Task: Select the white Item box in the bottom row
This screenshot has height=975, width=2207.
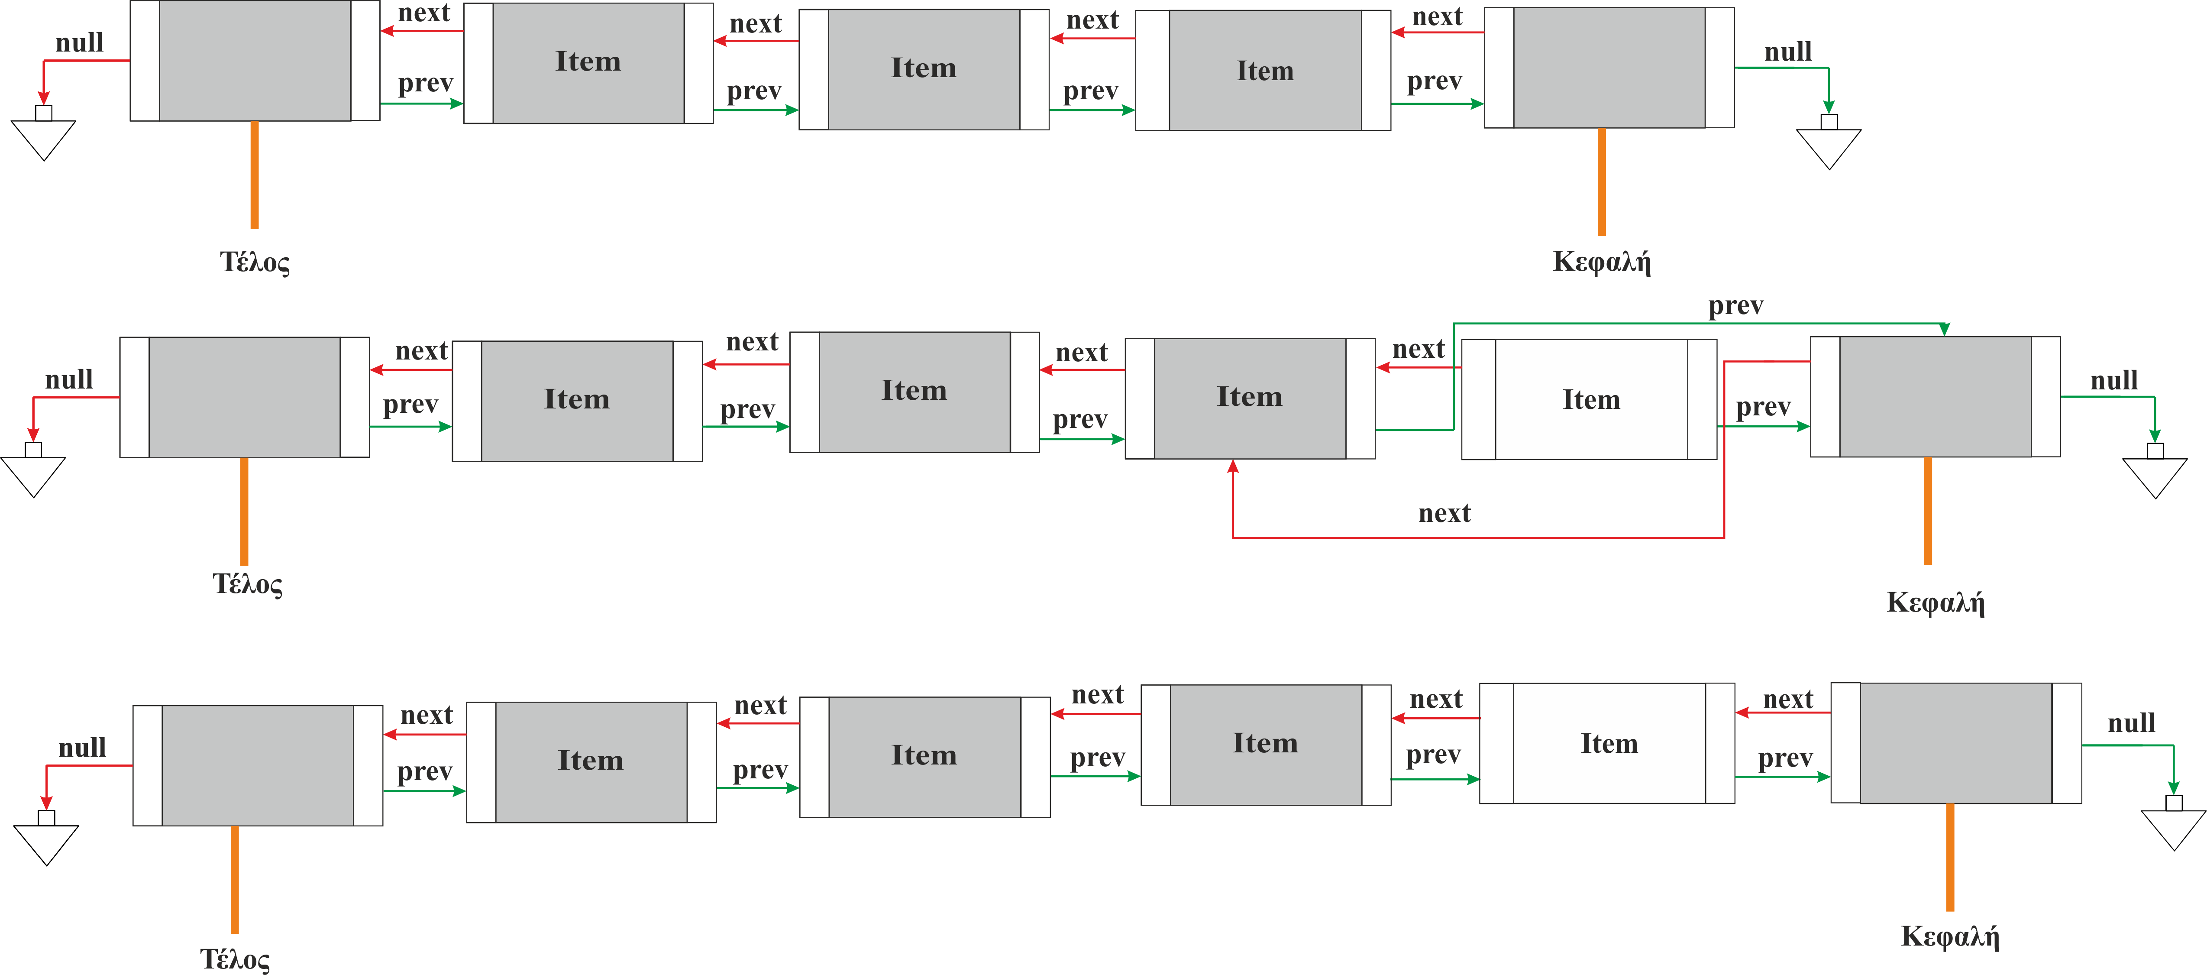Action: click(x=1609, y=743)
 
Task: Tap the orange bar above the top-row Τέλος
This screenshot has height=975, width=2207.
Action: click(x=255, y=175)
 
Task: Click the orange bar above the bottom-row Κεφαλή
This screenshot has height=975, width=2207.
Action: click(x=1950, y=857)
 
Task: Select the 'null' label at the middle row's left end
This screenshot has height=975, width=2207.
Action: click(x=69, y=379)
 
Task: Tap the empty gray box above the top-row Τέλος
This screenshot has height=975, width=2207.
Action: click(x=255, y=60)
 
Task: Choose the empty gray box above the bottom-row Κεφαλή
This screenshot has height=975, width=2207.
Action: click(x=1956, y=743)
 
